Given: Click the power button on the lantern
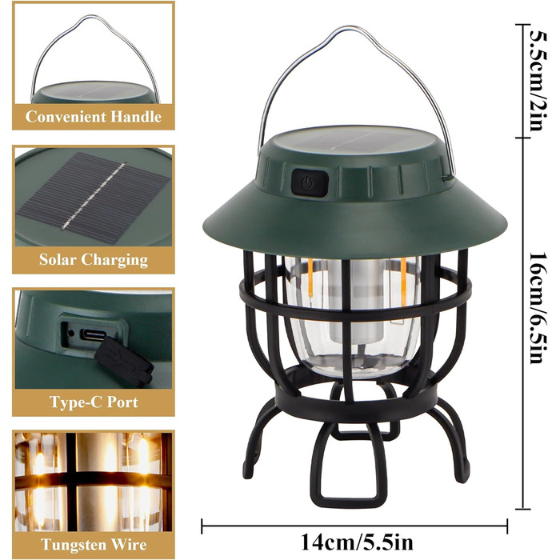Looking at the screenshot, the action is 309,183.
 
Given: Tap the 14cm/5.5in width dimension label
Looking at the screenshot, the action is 357,542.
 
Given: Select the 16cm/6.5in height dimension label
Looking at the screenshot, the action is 538,307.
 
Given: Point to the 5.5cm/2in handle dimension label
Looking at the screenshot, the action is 538,80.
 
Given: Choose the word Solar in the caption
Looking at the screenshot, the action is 58,259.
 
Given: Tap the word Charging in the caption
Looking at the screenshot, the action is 114,260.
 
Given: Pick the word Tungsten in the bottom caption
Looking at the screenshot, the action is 74,545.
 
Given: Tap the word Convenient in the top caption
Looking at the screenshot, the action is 66,117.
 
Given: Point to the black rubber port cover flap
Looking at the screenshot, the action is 124,362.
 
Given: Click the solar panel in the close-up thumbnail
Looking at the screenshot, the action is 93,198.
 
